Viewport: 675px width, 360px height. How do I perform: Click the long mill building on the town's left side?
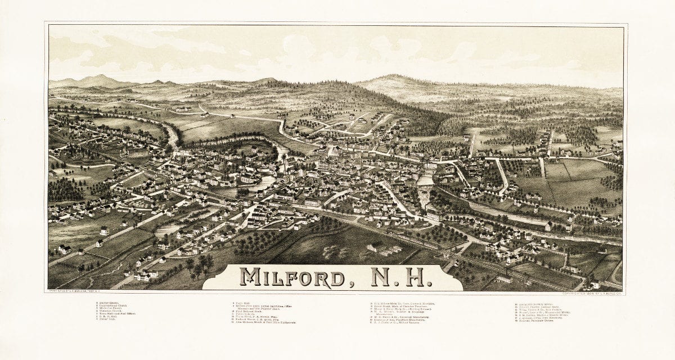point(137,152)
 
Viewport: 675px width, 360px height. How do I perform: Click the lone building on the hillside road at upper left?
point(205,115)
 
